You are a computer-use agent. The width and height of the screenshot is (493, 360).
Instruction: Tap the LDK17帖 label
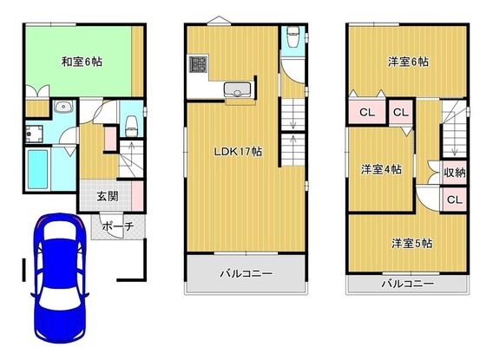pyautogui.click(x=240, y=150)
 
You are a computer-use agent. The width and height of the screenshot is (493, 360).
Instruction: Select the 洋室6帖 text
pyautogui.click(x=407, y=62)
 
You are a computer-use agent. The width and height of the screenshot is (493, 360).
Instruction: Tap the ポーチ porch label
pyautogui.click(x=115, y=226)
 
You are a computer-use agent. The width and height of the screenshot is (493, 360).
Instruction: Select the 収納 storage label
pyautogui.click(x=454, y=172)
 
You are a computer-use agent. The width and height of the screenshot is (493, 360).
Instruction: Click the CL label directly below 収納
pyautogui.click(x=454, y=200)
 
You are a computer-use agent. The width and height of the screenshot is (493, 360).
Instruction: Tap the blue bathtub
pyautogui.click(x=39, y=170)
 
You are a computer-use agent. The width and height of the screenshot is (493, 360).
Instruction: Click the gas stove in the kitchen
pyautogui.click(x=199, y=65)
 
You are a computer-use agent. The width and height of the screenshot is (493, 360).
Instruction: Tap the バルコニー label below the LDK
pyautogui.click(x=244, y=272)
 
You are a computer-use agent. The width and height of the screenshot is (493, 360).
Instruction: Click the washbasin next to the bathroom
pyautogui.click(x=62, y=108)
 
